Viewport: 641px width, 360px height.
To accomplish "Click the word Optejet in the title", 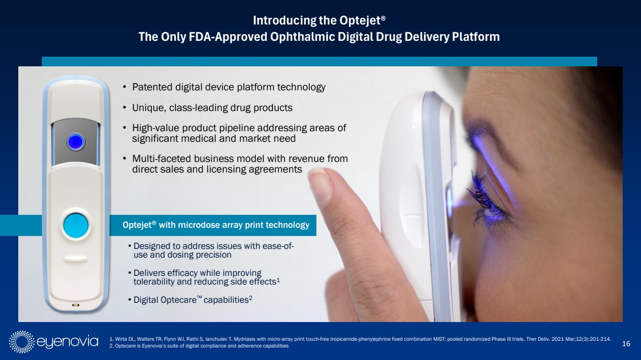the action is click(360, 21).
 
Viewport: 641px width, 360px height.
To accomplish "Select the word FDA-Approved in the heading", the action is click(228, 37).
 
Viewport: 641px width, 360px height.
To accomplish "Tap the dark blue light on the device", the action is click(75, 142).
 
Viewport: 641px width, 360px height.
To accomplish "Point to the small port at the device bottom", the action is click(75, 305).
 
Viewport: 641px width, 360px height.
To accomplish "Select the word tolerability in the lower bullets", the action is click(154, 282).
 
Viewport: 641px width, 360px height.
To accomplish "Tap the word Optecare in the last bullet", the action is click(178, 300).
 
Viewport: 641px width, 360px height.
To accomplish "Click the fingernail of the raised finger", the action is click(320, 181).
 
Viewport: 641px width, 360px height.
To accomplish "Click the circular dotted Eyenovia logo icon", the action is click(22, 342).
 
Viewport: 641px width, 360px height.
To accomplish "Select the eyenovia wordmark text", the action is click(67, 342).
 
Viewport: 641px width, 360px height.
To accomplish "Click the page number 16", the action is click(626, 343).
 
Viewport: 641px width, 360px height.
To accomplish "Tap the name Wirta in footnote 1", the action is click(122, 339).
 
